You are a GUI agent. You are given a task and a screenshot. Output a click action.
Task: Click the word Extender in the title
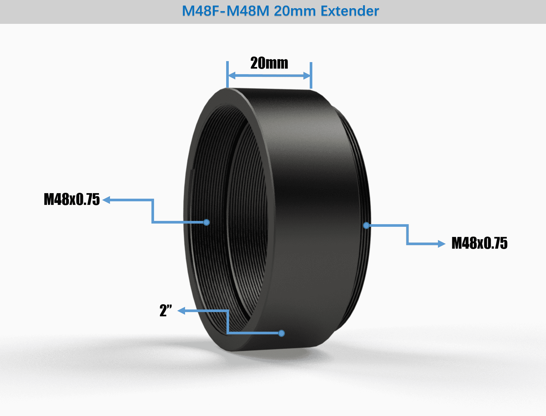pos(350,11)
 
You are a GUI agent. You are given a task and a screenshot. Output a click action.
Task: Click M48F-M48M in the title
pos(226,11)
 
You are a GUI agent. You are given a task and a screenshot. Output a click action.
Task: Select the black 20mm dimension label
pos(269,63)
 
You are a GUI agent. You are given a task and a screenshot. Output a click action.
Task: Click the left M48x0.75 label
pos(72,199)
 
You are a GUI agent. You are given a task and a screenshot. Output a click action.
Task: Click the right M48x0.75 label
pos(479,243)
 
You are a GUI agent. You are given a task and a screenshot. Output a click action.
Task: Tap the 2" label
pos(165,310)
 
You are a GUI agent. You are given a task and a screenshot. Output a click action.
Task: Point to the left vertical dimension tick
pos(227,75)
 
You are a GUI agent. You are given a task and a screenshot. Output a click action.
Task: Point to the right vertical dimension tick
pos(311,75)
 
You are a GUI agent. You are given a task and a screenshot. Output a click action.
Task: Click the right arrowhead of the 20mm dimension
pos(307,76)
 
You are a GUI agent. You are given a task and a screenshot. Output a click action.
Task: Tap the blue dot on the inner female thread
pos(206,222)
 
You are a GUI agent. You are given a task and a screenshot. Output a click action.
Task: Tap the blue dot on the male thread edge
pos(366,225)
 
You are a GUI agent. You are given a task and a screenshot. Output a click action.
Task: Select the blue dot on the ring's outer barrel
pos(281,333)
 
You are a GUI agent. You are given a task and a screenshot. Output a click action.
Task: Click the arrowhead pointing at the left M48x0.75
pos(106,200)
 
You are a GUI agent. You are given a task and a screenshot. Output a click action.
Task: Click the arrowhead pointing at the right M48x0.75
pos(442,243)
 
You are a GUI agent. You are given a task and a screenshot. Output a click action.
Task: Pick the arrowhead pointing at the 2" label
pos(181,311)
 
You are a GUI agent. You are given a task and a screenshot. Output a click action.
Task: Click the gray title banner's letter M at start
pos(188,11)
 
